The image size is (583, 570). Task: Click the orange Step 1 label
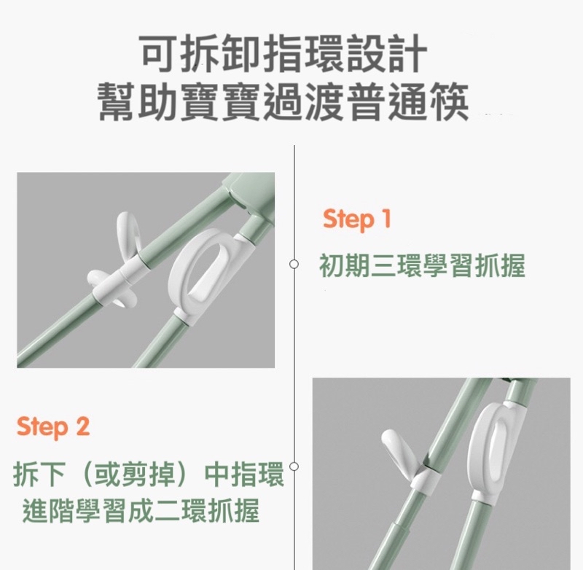pyautogui.click(x=357, y=219)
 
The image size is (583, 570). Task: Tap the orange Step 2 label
pyautogui.click(x=53, y=426)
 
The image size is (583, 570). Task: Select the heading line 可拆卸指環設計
pyautogui.click(x=283, y=53)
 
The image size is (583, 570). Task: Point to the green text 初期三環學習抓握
pyautogui.click(x=423, y=265)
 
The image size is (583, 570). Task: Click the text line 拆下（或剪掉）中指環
pyautogui.click(x=149, y=474)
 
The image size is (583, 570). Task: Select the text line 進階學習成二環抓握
pyautogui.click(x=141, y=511)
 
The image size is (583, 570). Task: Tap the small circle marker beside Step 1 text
pyautogui.click(x=294, y=264)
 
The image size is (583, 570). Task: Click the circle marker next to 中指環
pyautogui.click(x=294, y=466)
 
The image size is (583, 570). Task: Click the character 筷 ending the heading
pyautogui.click(x=449, y=101)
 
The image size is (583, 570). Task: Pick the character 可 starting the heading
pyautogui.click(x=159, y=53)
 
